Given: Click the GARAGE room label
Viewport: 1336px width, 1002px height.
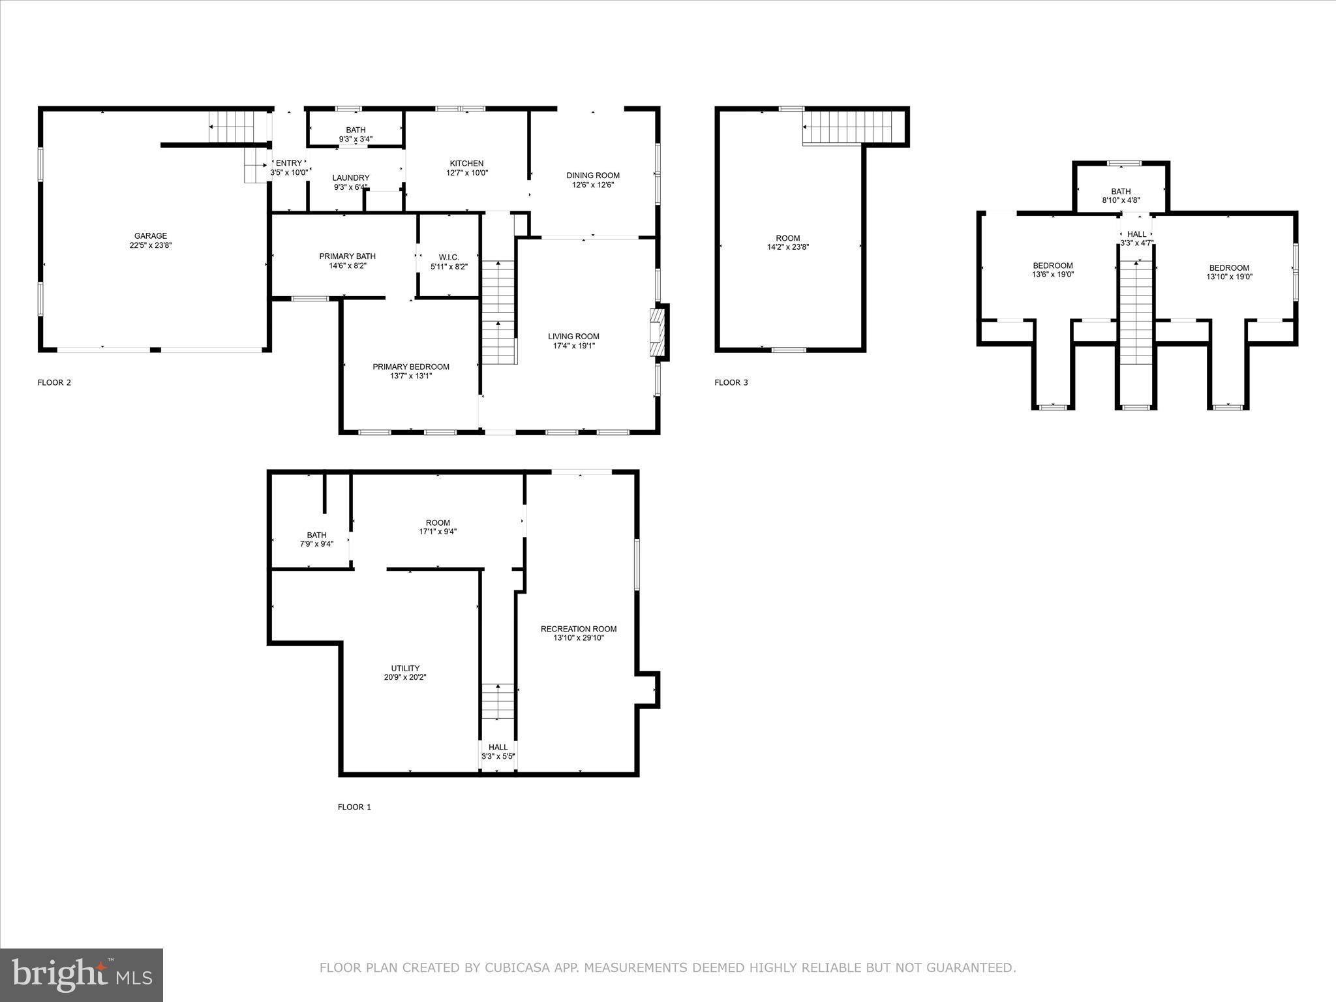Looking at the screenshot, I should pos(151,236).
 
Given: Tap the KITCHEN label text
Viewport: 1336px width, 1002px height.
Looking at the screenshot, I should pos(466,164).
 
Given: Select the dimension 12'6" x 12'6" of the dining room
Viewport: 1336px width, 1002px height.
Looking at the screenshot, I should pos(593,185).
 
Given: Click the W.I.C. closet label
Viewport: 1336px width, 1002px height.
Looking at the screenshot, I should pos(449,258).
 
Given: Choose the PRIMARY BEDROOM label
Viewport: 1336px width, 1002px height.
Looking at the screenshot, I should pos(411,367).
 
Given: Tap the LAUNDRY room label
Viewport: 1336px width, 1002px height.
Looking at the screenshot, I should pos(351,178).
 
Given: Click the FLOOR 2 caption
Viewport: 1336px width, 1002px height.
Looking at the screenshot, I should pos(54,383).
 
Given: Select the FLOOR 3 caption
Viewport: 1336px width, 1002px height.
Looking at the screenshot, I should pos(731,383).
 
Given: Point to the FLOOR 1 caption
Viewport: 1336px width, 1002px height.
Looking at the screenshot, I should pos(354,807).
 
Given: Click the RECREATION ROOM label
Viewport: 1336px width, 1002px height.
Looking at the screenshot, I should pos(578,629).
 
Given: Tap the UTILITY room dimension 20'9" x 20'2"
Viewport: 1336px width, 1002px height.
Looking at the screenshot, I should pos(405,677).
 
